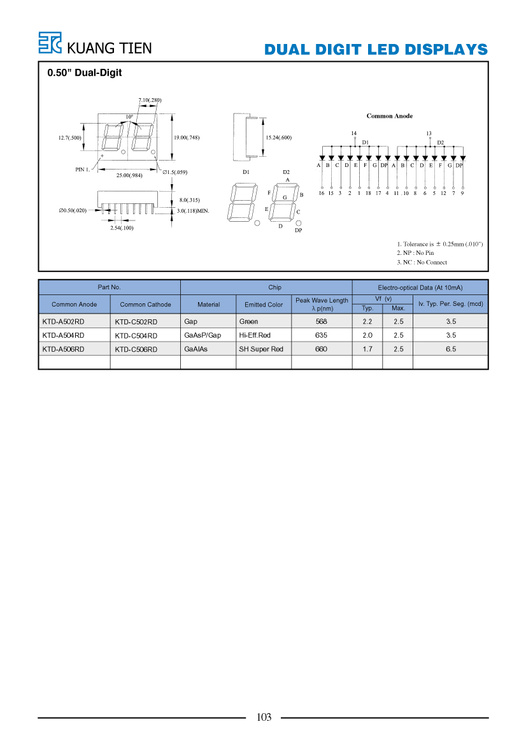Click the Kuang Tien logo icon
[x=50, y=43]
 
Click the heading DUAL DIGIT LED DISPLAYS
[x=376, y=50]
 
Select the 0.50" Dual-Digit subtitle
[x=85, y=73]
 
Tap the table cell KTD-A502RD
[x=63, y=322]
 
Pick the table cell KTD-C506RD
[x=136, y=349]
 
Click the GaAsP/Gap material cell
[x=203, y=335]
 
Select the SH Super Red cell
[x=261, y=349]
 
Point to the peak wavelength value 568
[x=322, y=322]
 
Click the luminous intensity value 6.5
[x=451, y=349]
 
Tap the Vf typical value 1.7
[x=367, y=349]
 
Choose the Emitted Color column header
[x=264, y=305]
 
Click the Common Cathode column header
[x=145, y=305]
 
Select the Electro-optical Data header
[x=420, y=287]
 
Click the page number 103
[x=264, y=718]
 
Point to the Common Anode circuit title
[x=390, y=116]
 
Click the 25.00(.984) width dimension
[x=129, y=175]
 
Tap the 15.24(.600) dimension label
[x=279, y=138]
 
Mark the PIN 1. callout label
[x=83, y=170]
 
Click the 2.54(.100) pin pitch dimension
[x=122, y=228]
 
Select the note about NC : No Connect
[x=422, y=263]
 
